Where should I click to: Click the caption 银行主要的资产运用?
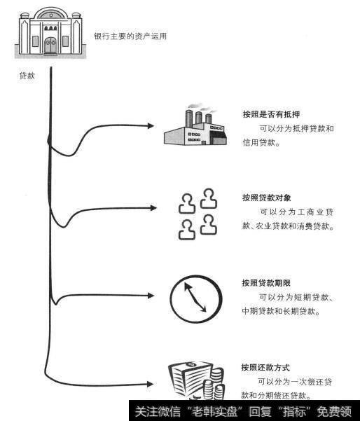pyautogui.click(x=130, y=36)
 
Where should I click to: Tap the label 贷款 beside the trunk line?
pyautogui.click(x=27, y=76)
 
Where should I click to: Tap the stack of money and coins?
pyautogui.click(x=197, y=382)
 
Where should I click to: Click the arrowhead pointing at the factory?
pyautogui.click(x=149, y=126)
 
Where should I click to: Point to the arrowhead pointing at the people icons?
pyautogui.click(x=149, y=207)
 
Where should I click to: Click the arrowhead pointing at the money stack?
pyautogui.click(x=149, y=382)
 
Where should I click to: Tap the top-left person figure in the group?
pyautogui.click(x=186, y=203)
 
